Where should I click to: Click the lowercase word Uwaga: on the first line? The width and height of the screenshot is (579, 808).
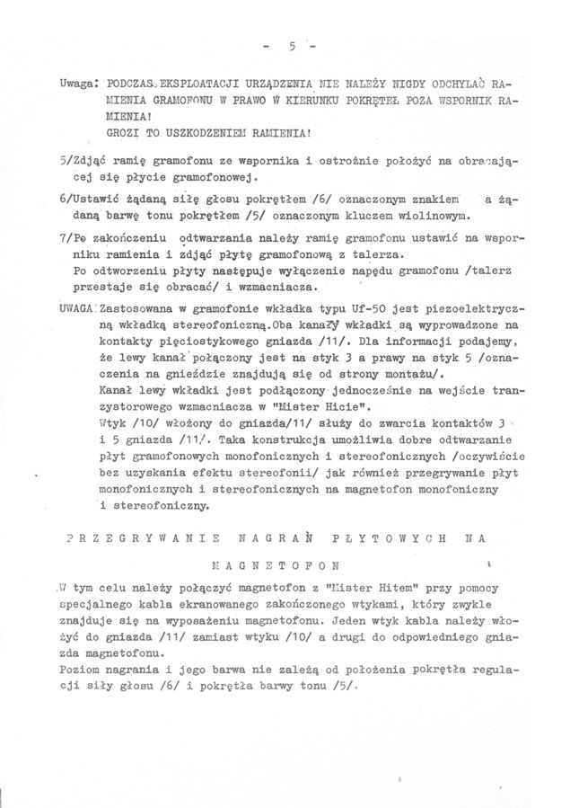click(x=79, y=83)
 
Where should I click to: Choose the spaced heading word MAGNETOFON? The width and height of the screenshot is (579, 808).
click(x=275, y=567)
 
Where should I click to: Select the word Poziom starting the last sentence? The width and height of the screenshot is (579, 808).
click(x=80, y=670)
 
